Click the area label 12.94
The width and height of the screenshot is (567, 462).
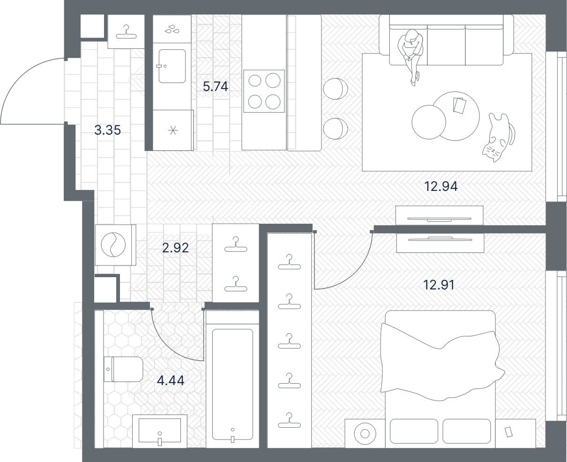click(x=440, y=187)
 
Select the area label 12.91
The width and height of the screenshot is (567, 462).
click(x=439, y=285)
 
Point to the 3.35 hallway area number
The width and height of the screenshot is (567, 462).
click(x=107, y=130)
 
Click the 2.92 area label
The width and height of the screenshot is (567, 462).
click(x=175, y=247)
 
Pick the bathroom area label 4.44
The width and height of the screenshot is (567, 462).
click(x=171, y=380)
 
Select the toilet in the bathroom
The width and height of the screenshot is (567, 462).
click(x=123, y=369)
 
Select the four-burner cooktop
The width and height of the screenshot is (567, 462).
click(x=264, y=91)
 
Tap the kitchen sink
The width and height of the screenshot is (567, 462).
click(x=172, y=66)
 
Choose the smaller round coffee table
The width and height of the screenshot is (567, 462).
click(x=428, y=121)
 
